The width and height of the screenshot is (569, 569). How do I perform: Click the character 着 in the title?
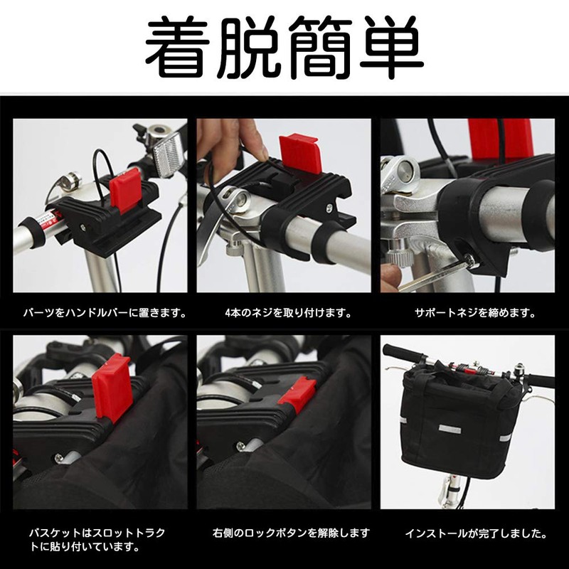176,47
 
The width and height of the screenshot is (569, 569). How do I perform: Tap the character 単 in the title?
392,47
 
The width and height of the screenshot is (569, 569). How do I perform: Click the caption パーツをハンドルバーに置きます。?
105,312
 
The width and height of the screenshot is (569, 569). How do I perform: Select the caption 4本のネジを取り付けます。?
289,312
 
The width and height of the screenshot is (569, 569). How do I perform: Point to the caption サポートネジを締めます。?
475,312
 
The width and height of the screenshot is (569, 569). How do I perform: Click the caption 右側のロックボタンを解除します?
291,533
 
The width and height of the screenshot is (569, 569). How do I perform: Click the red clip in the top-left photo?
125,190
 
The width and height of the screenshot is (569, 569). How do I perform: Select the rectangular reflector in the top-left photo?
167,154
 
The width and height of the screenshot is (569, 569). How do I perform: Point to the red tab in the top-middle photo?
299,154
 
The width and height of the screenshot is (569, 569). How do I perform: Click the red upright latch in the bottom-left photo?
111,388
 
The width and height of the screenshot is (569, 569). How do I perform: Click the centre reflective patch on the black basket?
450,429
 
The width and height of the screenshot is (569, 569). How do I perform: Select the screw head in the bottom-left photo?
60,458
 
